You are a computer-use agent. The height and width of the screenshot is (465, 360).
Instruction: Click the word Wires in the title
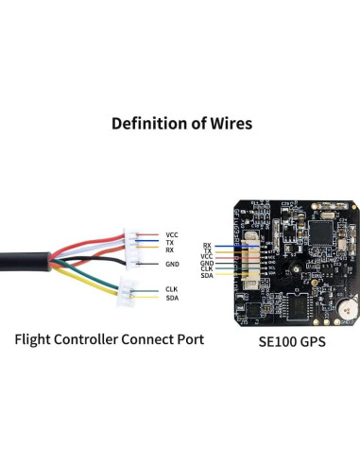[223, 123]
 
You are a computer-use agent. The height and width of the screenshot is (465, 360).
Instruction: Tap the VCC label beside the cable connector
[171, 233]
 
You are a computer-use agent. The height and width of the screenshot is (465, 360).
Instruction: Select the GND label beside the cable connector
[172, 264]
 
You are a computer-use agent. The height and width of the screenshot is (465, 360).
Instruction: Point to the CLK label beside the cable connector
[171, 288]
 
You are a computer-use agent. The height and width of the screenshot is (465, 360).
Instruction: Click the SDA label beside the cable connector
[171, 299]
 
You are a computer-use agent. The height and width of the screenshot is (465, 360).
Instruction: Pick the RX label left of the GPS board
[207, 245]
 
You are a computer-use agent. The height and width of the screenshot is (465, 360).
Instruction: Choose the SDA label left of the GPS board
[207, 274]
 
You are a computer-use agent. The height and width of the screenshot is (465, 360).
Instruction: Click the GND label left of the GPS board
[207, 263]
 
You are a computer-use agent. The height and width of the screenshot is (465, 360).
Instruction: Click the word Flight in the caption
[36, 339]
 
